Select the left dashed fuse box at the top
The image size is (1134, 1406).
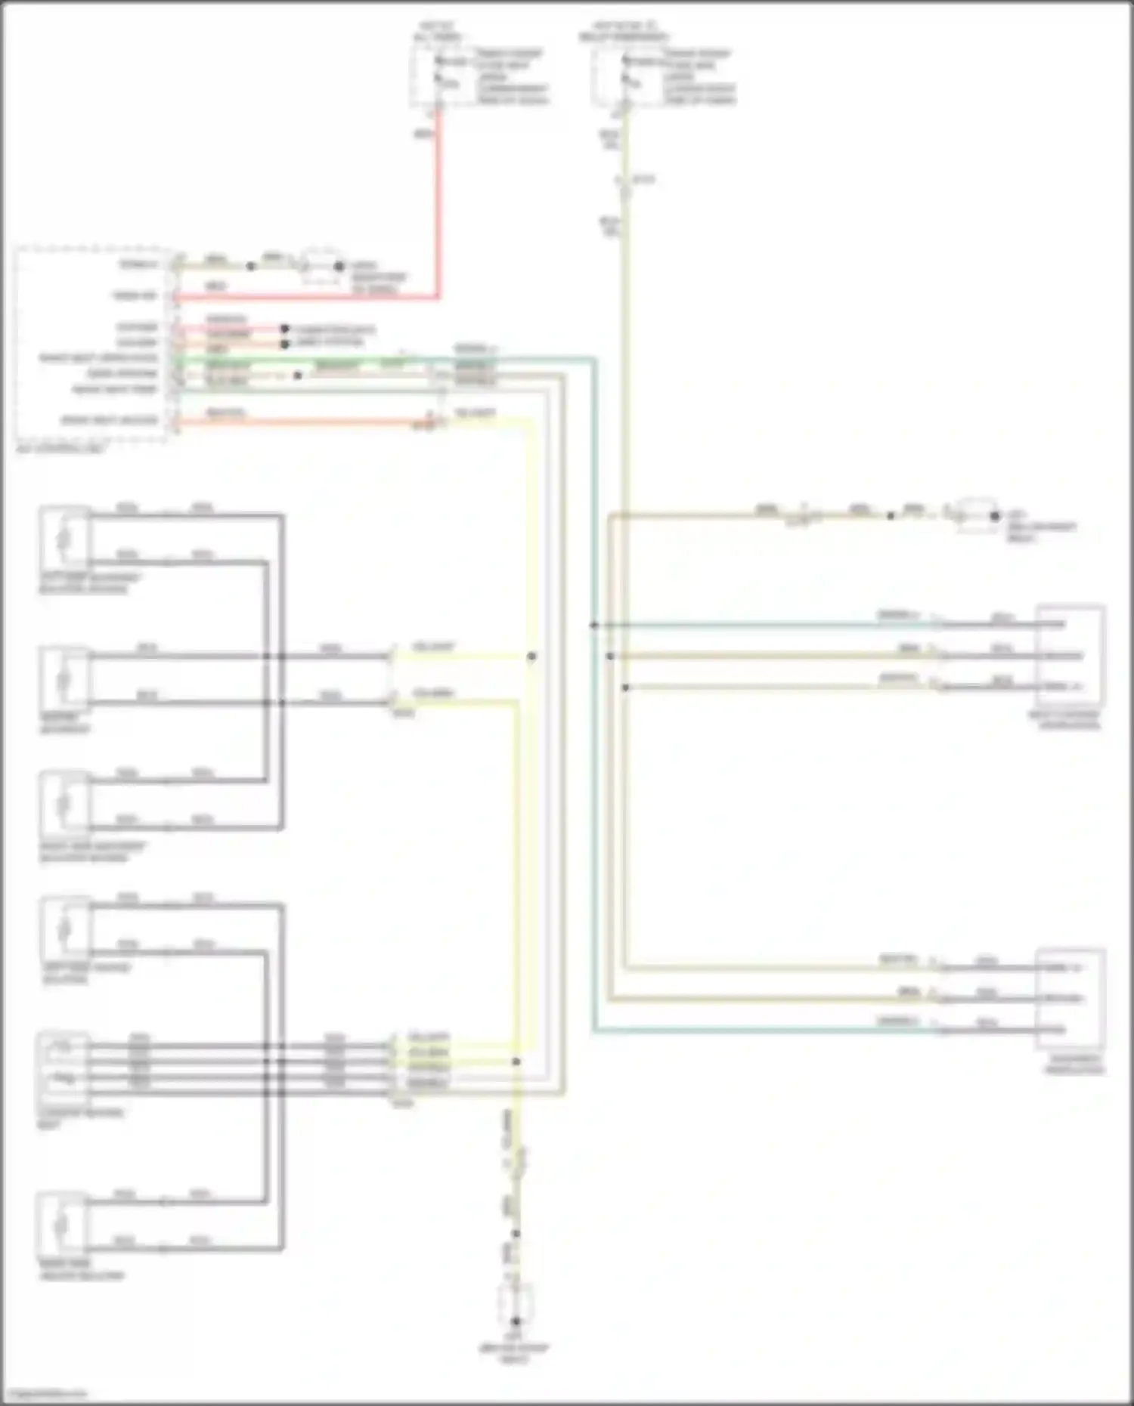[426, 76]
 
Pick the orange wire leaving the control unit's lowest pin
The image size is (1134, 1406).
[302, 422]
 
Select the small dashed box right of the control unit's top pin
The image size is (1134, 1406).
[321, 266]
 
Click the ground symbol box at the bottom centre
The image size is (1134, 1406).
[516, 1305]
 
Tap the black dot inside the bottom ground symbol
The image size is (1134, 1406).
[516, 1321]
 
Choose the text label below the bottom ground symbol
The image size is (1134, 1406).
[515, 1353]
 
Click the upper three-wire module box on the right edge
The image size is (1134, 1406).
[1069, 655]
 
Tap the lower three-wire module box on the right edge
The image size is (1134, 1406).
[1069, 998]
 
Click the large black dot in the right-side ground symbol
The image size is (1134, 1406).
[995, 517]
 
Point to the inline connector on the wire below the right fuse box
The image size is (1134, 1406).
[624, 181]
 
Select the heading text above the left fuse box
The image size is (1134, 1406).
[438, 31]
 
